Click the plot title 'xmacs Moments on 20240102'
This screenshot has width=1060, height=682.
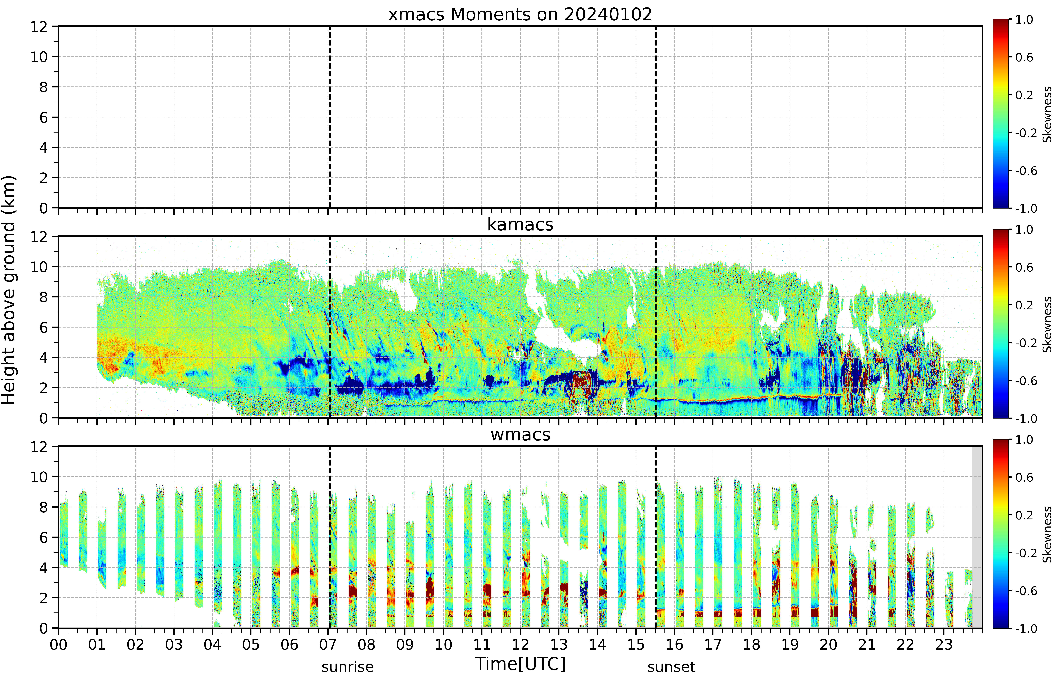[x=520, y=15]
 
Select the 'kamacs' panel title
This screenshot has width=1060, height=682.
[x=520, y=224]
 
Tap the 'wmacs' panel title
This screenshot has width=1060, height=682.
[x=520, y=434]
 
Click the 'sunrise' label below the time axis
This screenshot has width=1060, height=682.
[x=348, y=667]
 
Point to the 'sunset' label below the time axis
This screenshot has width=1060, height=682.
[x=671, y=667]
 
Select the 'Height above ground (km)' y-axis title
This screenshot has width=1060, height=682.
[x=9, y=290]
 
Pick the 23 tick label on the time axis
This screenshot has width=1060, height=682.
[x=944, y=644]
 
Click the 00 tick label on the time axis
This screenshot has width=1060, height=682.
[x=58, y=644]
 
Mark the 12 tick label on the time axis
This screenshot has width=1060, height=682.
[x=520, y=644]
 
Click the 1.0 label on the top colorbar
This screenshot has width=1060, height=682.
[x=1024, y=19]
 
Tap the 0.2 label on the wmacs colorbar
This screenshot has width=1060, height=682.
[x=1024, y=515]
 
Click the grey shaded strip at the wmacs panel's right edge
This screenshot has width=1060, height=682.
[x=977, y=537]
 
